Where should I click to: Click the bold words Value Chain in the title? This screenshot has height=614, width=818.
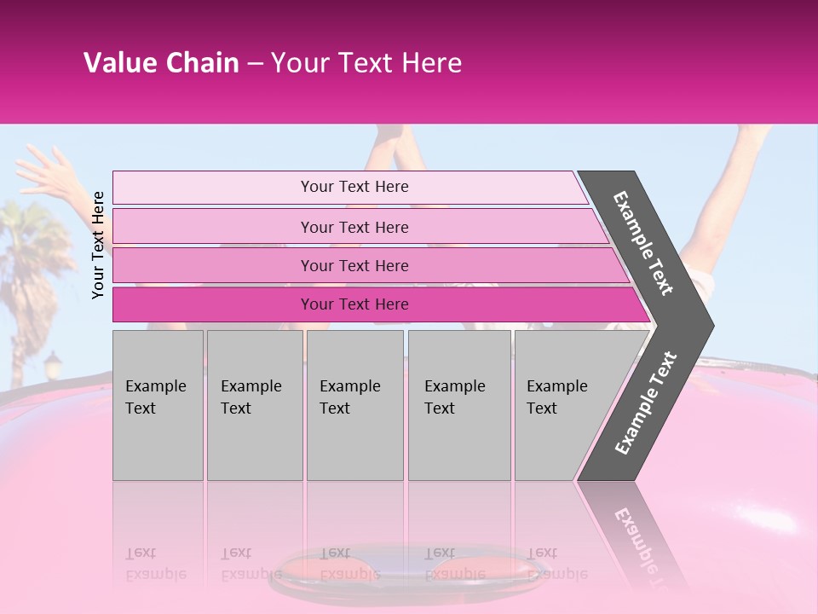(161, 63)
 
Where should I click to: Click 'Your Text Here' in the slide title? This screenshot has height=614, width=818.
(366, 63)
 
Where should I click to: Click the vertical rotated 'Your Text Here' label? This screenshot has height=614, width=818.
(98, 245)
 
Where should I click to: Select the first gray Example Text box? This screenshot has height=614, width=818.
(158, 404)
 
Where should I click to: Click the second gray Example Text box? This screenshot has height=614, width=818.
(254, 404)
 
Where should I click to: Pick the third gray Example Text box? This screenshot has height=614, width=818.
(354, 404)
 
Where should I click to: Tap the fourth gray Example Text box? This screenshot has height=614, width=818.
(458, 404)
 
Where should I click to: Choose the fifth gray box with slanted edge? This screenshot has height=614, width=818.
(562, 404)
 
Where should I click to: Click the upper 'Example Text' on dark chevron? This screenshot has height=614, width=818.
(644, 243)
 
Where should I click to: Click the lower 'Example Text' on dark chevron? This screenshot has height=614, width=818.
(646, 403)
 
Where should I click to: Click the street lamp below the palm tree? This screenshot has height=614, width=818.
(52, 366)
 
